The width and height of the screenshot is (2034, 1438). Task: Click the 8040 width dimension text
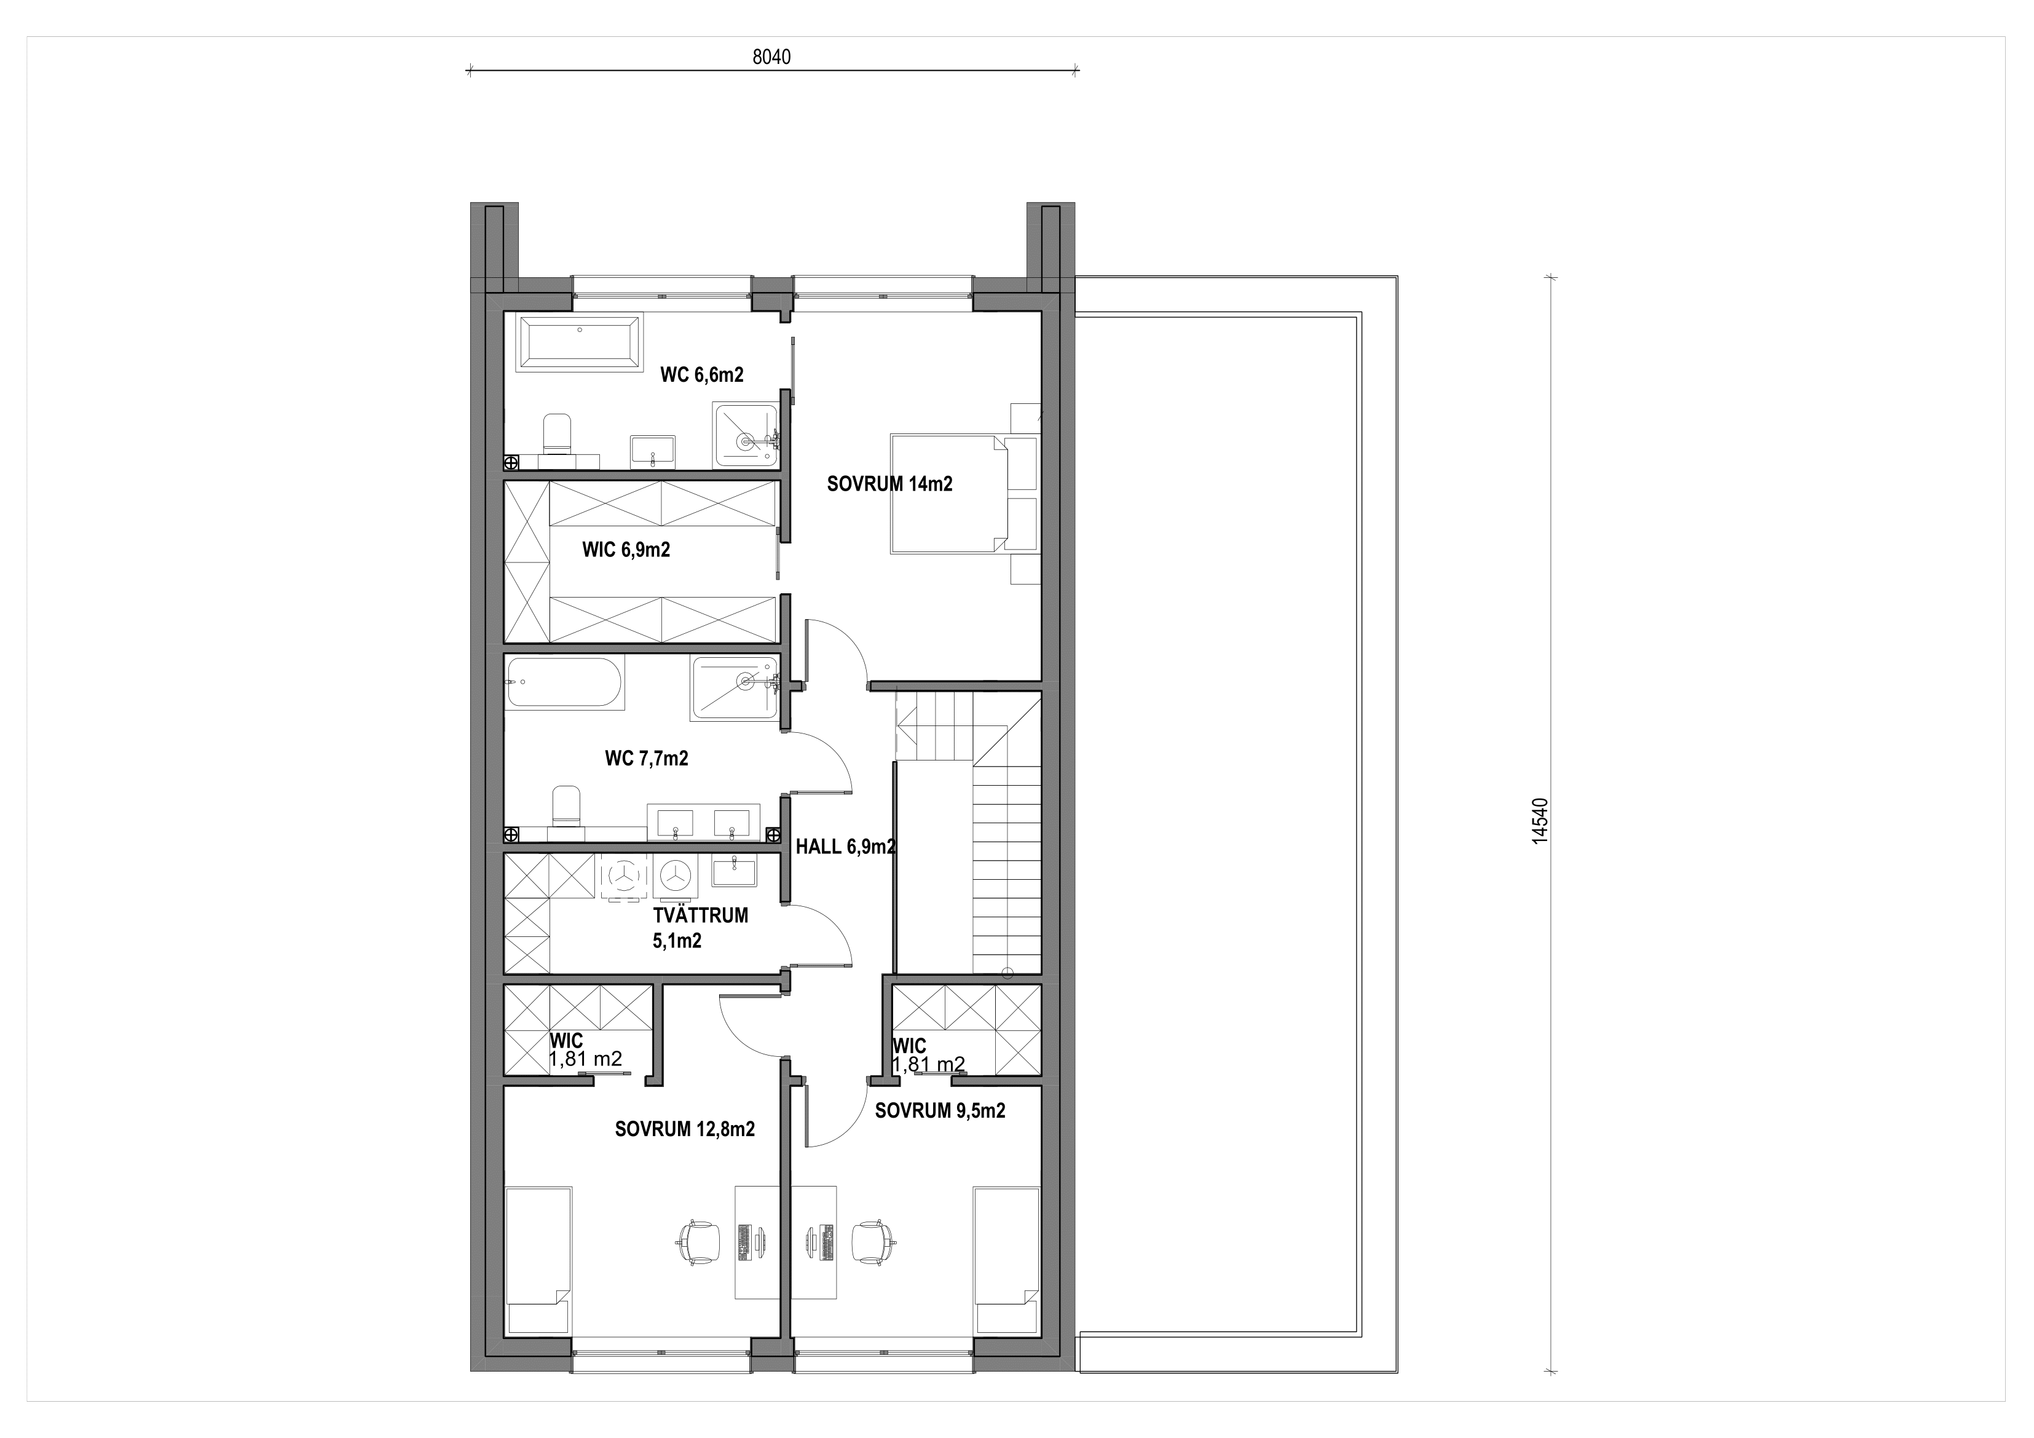[x=771, y=57]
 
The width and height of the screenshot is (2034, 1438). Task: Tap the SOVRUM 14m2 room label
[x=889, y=484]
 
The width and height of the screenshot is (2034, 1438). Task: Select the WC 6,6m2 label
[x=701, y=375]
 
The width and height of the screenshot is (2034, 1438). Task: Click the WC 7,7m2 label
[x=647, y=759]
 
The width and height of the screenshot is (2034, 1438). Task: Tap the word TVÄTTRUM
[x=701, y=915]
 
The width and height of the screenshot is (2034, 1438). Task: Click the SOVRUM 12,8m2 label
[x=685, y=1129]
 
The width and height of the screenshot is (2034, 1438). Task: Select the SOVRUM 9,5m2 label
[x=940, y=1111]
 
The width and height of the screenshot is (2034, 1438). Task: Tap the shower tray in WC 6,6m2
[x=746, y=435]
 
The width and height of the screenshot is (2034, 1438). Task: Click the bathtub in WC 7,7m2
[x=565, y=682]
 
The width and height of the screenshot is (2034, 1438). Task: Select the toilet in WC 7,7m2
[x=565, y=806]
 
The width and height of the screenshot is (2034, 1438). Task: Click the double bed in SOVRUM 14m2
[x=950, y=494]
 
